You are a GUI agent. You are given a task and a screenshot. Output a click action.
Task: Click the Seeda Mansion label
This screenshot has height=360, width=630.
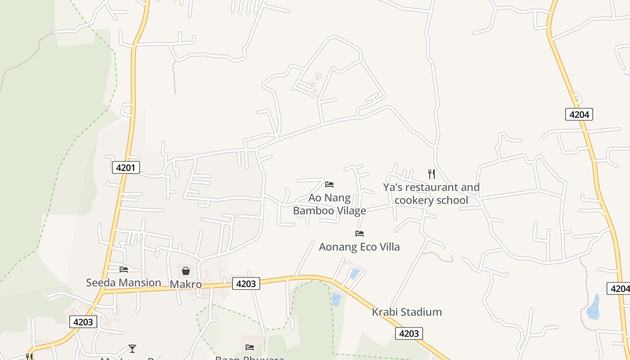click(x=123, y=283)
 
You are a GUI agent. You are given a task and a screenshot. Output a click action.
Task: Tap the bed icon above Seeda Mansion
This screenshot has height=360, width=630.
click(x=124, y=270)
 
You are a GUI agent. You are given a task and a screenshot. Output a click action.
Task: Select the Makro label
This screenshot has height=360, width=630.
click(x=185, y=284)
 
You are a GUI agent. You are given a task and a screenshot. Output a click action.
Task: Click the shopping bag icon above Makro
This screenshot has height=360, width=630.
click(x=185, y=270)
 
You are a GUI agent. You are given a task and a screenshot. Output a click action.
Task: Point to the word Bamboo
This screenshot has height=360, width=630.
click(x=314, y=210)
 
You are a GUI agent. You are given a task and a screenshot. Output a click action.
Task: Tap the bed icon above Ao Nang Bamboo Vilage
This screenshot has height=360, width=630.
click(x=329, y=184)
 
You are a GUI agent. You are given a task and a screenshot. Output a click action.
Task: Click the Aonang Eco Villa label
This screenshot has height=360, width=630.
click(x=359, y=247)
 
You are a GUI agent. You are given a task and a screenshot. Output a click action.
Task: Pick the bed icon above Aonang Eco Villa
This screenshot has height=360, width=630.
click(x=359, y=234)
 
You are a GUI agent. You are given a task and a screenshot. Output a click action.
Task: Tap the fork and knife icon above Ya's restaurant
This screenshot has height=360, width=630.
click(x=431, y=174)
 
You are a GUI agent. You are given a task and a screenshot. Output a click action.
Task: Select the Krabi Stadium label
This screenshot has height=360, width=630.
click(x=407, y=312)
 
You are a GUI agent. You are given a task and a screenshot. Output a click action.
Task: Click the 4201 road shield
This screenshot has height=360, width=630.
click(x=126, y=168)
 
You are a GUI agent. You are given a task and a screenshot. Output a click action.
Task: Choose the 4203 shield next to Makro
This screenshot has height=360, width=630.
click(x=246, y=283)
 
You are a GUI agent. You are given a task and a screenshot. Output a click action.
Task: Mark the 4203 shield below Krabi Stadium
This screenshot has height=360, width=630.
click(x=409, y=333)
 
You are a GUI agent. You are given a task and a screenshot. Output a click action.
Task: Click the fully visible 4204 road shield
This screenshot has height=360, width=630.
click(x=579, y=114)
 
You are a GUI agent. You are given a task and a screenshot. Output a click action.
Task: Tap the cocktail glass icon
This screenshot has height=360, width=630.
click(x=132, y=348)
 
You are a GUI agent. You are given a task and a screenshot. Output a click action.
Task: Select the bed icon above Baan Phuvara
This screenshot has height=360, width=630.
click(x=250, y=347)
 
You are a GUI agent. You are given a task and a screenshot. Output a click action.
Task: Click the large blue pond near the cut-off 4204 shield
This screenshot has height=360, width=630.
click(x=594, y=308)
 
